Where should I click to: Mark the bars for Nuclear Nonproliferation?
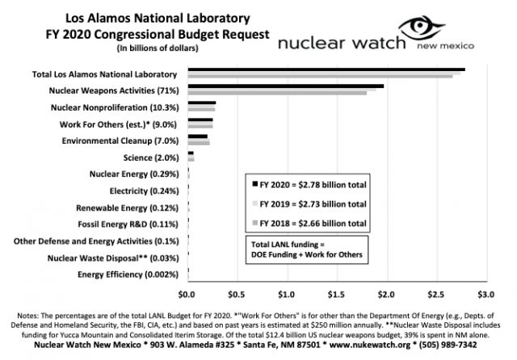(201, 106)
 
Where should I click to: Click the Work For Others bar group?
(200, 123)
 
